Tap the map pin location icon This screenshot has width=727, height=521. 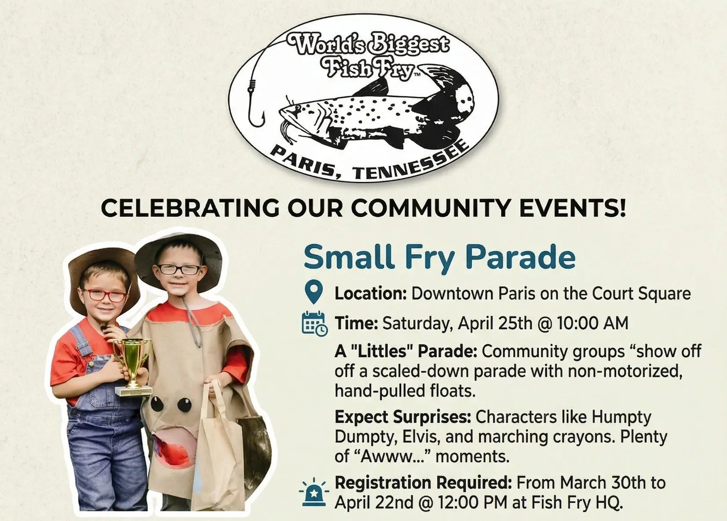pos(314,292)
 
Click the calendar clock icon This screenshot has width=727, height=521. pos(314,323)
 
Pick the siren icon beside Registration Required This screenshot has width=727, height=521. pos(314,493)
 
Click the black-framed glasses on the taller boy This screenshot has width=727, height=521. pos(179,269)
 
